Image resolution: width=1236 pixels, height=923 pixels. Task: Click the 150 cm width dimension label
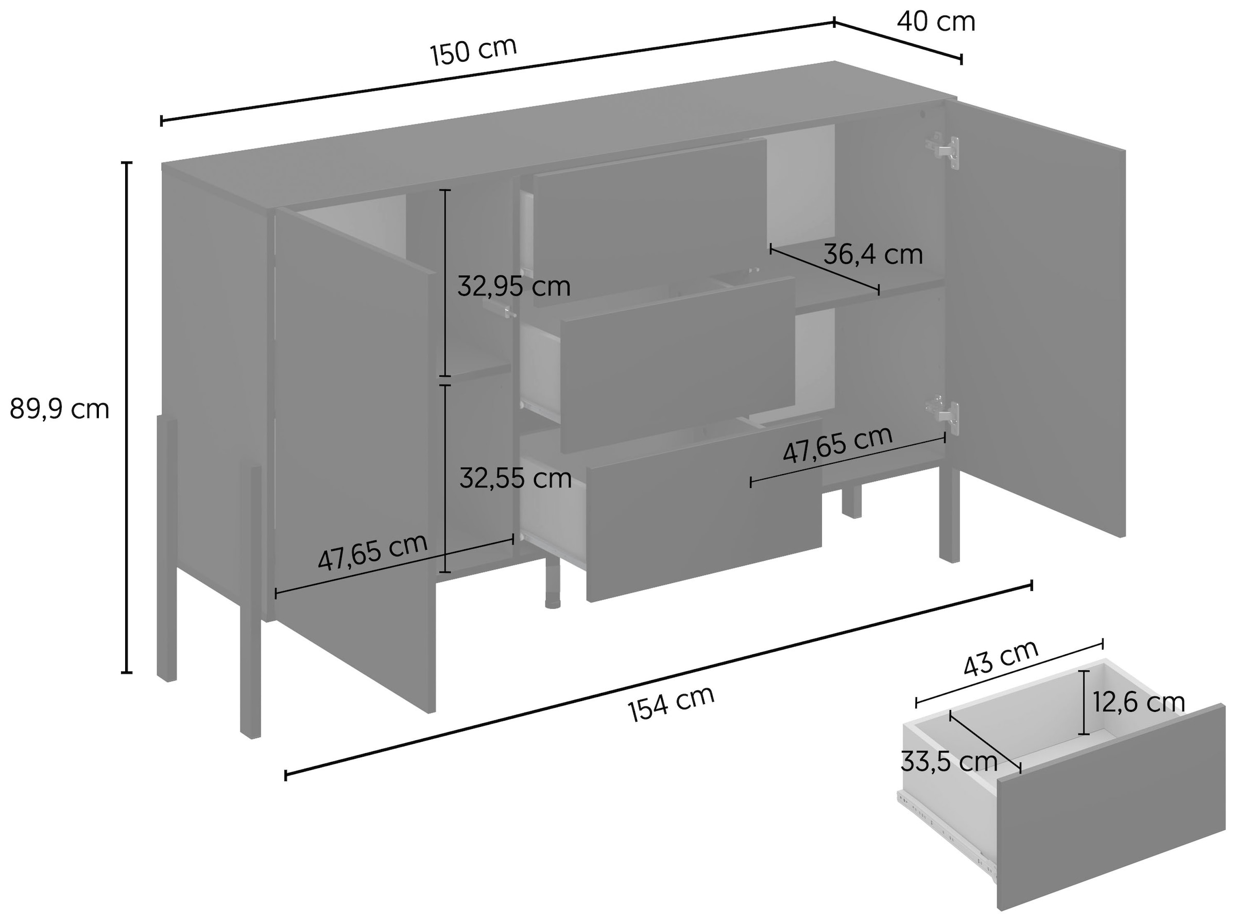(473, 51)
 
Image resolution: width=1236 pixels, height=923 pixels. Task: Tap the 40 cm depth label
(936, 22)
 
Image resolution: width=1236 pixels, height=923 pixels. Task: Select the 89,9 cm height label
(59, 410)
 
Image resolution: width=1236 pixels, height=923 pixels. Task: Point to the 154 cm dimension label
(671, 703)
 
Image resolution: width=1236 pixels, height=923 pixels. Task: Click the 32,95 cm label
(514, 286)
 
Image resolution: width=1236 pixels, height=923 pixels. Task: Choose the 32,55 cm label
(515, 479)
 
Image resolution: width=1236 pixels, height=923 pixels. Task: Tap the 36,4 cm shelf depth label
(873, 255)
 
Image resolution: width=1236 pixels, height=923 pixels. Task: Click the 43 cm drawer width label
(1001, 658)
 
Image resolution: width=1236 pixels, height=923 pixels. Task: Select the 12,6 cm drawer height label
(1139, 703)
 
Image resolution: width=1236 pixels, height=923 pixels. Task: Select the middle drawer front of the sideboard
(677, 364)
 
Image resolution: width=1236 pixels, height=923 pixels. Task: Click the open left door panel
(355, 460)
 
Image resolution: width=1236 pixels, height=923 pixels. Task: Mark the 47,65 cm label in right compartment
(837, 445)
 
